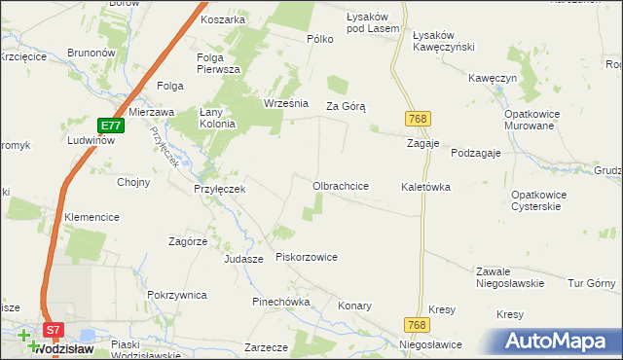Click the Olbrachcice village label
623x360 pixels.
[340, 185]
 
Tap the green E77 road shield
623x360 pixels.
[111, 126]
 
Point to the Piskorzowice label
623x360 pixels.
[307, 257]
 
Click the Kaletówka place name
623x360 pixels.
[425, 187]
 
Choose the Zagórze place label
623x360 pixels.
[188, 240]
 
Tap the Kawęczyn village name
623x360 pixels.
[490, 77]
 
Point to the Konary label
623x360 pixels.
[354, 306]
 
